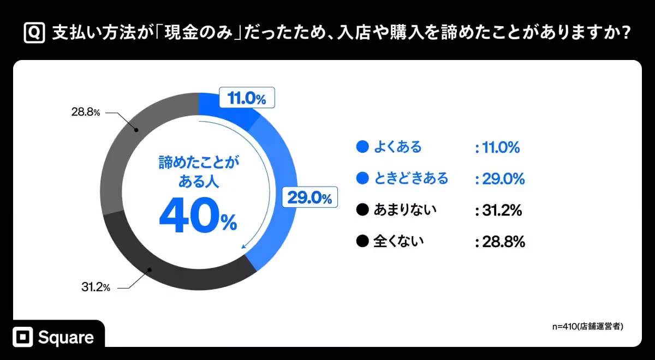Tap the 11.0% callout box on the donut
(246, 99)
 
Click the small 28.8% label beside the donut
(85, 112)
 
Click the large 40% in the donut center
(198, 218)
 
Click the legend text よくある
(398, 147)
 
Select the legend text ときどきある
(411, 178)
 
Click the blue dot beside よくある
(361, 147)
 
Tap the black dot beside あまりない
(361, 209)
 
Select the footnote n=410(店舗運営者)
(587, 326)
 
